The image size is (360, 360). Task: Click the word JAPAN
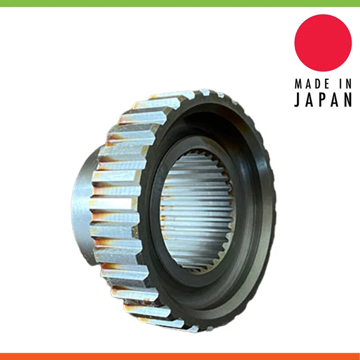pos(323,100)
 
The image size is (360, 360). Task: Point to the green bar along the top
pos(180,3)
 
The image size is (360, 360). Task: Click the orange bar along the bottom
pos(180,357)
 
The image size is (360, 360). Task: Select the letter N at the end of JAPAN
pos(348,100)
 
